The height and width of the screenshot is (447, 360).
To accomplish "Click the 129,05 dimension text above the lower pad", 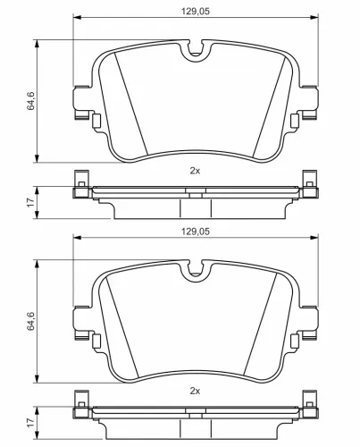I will (x=195, y=232).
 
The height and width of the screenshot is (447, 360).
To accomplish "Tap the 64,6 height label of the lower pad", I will (x=31, y=319).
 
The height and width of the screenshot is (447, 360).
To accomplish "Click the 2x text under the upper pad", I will (x=195, y=170).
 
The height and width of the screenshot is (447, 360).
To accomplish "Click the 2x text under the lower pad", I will (x=195, y=391).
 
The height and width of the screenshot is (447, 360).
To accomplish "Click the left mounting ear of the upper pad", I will (x=82, y=100).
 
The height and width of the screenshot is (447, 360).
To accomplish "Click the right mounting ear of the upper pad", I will (x=307, y=100).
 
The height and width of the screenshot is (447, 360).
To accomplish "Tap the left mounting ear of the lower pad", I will (x=82, y=321).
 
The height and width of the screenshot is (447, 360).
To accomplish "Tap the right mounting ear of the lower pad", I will (x=307, y=321).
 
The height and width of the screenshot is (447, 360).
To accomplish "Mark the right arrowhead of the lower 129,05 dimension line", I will (x=314, y=239).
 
